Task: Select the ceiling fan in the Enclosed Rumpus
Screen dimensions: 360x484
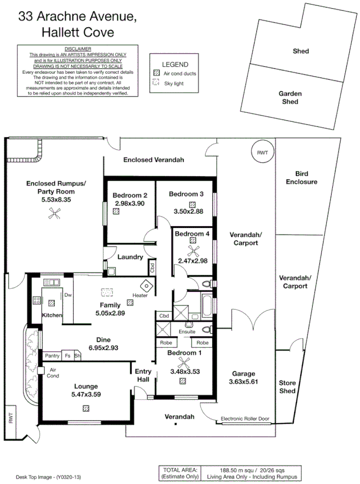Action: pos(54,216)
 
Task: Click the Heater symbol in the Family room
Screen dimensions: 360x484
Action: pos(145,285)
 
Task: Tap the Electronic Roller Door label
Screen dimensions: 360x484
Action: pos(245,419)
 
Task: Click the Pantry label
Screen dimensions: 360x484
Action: pos(52,356)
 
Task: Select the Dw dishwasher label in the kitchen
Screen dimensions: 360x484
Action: pos(68,295)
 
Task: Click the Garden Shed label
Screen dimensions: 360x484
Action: pos(290,98)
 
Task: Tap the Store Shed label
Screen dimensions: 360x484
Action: pos(287,387)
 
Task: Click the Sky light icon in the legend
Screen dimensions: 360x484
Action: pos(156,82)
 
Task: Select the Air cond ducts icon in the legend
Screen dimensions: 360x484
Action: pos(156,73)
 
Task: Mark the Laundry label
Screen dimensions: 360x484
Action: pos(130,257)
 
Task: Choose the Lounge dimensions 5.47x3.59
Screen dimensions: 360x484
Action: pos(87,395)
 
